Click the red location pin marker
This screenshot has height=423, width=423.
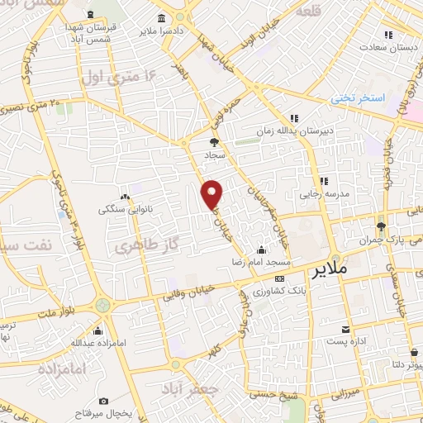point(213,194)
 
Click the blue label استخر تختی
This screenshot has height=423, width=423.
point(359,97)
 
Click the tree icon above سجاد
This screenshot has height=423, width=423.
point(214,142)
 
